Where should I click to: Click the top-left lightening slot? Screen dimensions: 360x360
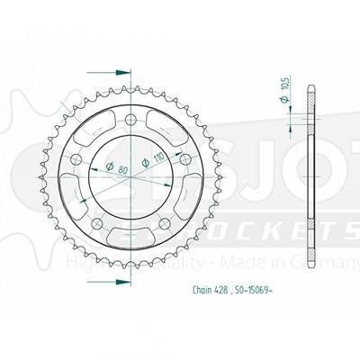point(90,123)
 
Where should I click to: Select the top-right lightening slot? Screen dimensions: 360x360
point(170,123)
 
